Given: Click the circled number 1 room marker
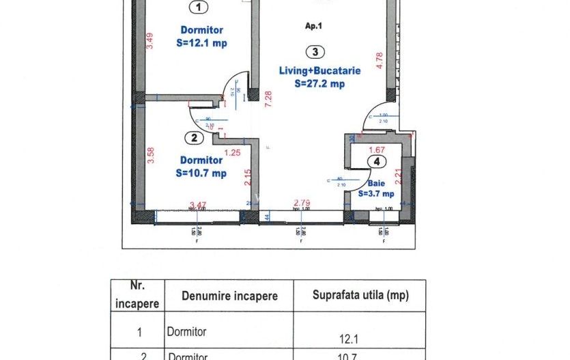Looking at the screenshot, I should pos(199,8).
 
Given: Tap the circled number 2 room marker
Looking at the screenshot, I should pos(195,138).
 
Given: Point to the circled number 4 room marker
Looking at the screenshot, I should pos(375,162).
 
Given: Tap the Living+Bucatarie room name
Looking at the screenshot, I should pos(319,70).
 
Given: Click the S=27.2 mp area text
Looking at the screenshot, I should pos(319,83).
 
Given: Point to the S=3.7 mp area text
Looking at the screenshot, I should pos(376,193).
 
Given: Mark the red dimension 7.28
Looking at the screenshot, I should pos(269,100).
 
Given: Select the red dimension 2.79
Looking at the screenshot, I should pos(301,203).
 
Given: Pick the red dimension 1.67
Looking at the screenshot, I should pos(377,150).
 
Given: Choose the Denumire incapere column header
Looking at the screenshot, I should pos(229,296).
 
